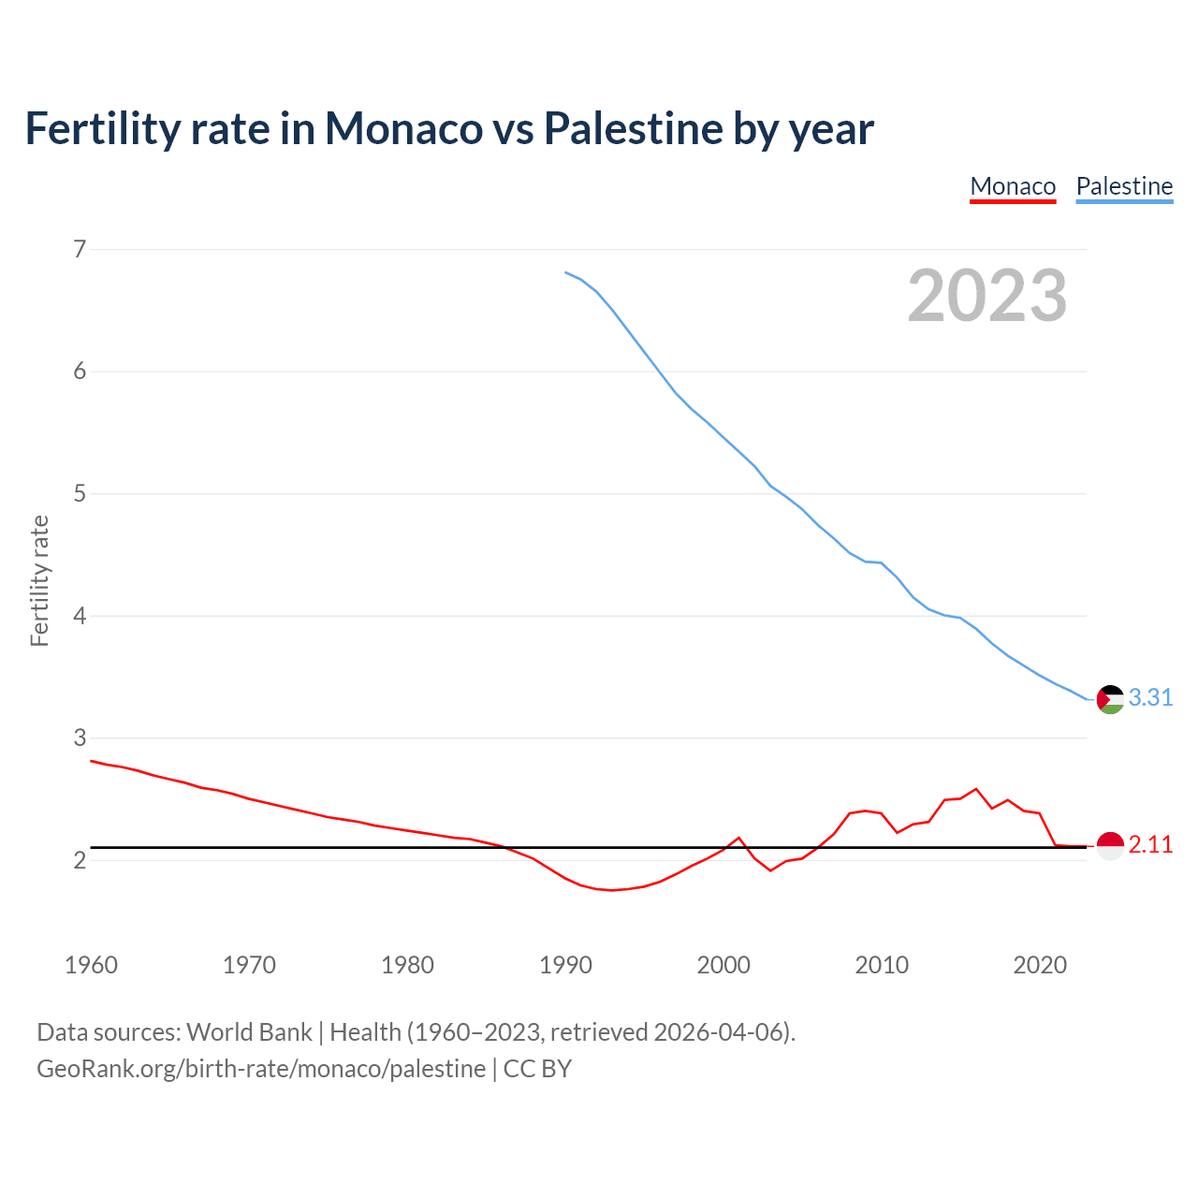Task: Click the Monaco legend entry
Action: pyautogui.click(x=1013, y=186)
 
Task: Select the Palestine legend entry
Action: pyautogui.click(x=1124, y=186)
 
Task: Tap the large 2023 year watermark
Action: pyautogui.click(x=986, y=296)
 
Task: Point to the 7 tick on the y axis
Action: pyautogui.click(x=80, y=249)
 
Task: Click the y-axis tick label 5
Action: pyautogui.click(x=80, y=493)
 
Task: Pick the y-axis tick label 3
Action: pyautogui.click(x=80, y=738)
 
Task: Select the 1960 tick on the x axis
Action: pyautogui.click(x=91, y=965)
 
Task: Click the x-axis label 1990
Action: pyautogui.click(x=565, y=965)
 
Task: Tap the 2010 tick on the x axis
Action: pyautogui.click(x=882, y=965)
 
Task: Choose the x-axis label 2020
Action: pyautogui.click(x=1040, y=965)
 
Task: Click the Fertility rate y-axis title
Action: pyautogui.click(x=39, y=580)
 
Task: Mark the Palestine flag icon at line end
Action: pyautogui.click(x=1110, y=699)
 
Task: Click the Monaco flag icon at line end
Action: pyautogui.click(x=1110, y=845)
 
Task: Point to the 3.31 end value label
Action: pyautogui.click(x=1150, y=698)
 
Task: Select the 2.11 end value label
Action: pyautogui.click(x=1150, y=844)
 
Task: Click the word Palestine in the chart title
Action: pyautogui.click(x=633, y=129)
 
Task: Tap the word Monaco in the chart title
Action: pyautogui.click(x=403, y=129)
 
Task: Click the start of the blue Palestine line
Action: pyautogui.click(x=566, y=272)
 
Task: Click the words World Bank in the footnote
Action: pyautogui.click(x=249, y=1032)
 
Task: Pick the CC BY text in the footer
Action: pyautogui.click(x=537, y=1069)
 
